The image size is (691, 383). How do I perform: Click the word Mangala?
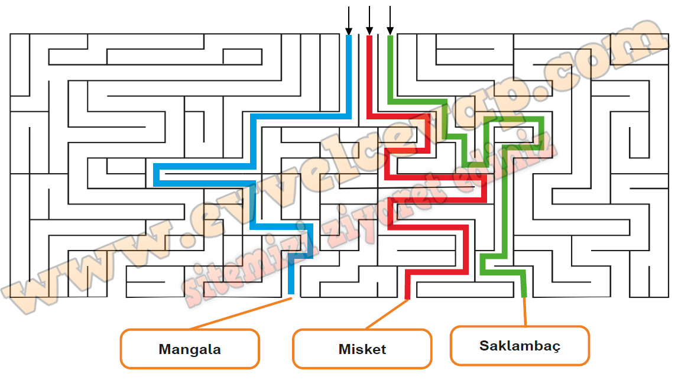pos(190,349)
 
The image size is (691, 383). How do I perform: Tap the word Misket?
pos(362,349)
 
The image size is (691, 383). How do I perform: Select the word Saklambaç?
pos(520,346)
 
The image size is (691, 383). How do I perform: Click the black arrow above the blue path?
pos(349,20)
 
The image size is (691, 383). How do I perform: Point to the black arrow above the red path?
pos(369,20)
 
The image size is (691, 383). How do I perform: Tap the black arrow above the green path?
pos(390,20)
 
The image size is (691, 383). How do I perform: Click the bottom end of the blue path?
pos(291,293)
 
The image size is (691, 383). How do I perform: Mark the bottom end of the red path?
pos(408,297)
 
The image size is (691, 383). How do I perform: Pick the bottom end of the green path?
pos(524,296)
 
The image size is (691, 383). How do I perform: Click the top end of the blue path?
pos(349,37)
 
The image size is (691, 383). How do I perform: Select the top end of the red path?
pos(369,37)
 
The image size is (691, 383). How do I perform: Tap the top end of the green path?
pos(390,37)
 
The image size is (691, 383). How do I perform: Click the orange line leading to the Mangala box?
pos(241,313)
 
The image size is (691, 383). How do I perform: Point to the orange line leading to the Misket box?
pos(387,314)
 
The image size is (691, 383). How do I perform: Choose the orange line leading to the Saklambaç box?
pos(525,311)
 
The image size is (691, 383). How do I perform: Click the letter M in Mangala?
pos(164,349)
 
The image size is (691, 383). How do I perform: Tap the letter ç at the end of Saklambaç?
pos(556,348)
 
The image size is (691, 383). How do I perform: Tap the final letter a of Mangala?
pos(217,351)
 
